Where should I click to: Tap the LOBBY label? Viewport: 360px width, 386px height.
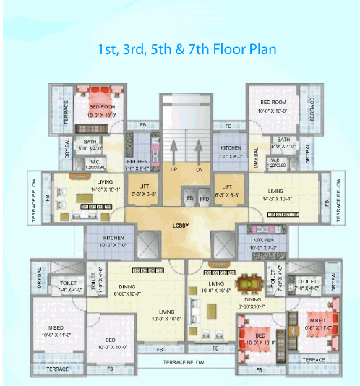tap(181, 226)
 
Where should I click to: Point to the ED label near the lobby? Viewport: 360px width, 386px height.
tap(190, 197)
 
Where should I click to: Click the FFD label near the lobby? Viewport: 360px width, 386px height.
tap(203, 197)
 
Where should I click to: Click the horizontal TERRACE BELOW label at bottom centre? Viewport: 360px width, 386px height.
tap(184, 361)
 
